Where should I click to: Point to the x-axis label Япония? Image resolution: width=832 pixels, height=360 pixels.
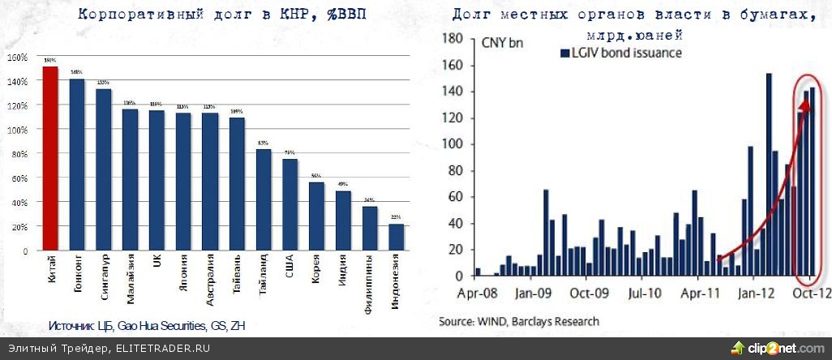tap(183, 272)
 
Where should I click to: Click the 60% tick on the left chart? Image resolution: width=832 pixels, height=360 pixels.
tap(18, 178)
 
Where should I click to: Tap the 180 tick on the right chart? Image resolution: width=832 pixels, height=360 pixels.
tap(452, 39)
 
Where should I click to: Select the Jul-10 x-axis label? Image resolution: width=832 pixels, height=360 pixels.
tap(645, 293)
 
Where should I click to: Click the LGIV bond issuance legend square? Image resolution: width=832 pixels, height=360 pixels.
tap(564, 54)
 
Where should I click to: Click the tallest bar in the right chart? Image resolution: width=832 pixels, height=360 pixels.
tap(768, 174)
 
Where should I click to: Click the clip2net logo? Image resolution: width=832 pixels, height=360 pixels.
tap(778, 349)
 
